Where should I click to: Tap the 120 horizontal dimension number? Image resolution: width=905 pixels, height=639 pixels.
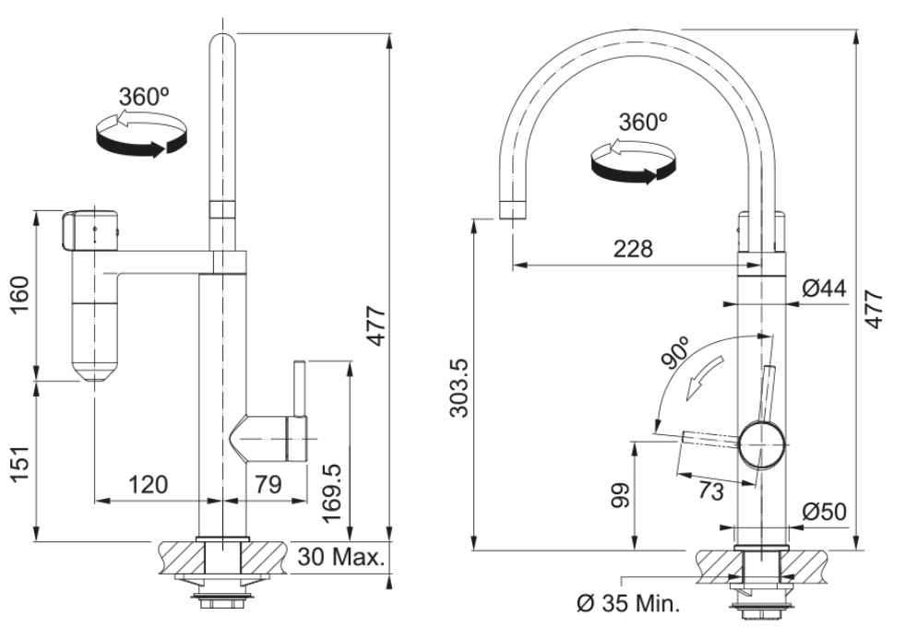click(149, 485)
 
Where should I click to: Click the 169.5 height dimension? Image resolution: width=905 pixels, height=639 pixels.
click(333, 494)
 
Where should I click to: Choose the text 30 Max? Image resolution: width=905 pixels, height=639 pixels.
click(342, 558)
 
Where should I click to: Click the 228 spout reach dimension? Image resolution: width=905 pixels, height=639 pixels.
click(634, 249)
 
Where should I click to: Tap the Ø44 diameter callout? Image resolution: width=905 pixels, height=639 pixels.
click(824, 289)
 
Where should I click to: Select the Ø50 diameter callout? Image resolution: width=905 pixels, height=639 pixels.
click(824, 512)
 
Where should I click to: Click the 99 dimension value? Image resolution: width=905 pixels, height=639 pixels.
click(619, 495)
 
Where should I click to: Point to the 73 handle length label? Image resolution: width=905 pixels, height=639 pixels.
click(710, 491)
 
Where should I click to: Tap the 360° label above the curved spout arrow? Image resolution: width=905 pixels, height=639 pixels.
click(643, 122)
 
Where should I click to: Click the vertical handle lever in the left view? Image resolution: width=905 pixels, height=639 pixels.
click(300, 387)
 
